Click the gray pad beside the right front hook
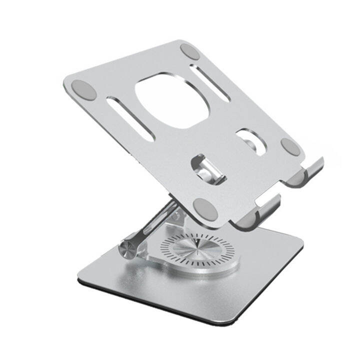(289, 145)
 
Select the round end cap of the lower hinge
(128, 249)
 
